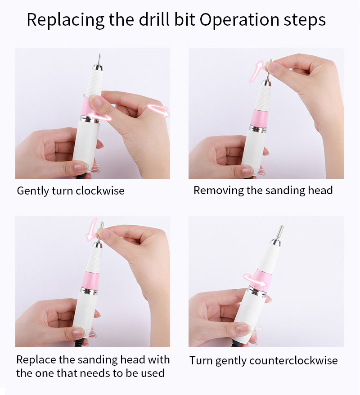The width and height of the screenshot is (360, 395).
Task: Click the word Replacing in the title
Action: pos(65,20)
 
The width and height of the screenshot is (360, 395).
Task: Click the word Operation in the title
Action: pos(239,20)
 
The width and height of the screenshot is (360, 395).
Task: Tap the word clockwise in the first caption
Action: pos(100,191)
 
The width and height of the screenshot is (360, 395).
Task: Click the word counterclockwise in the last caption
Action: pos(293,360)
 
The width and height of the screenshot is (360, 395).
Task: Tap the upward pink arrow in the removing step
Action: pos(256,71)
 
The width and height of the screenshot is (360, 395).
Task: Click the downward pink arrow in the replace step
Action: pos(91,230)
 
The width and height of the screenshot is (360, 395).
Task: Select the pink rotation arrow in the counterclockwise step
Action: pos(255,280)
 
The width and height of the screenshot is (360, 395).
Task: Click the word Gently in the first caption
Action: pos(33,191)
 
